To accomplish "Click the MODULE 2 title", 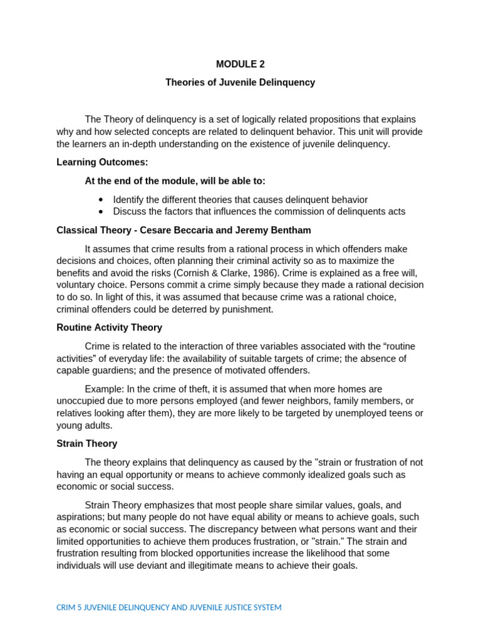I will (x=240, y=64).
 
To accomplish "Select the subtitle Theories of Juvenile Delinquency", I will (x=240, y=82).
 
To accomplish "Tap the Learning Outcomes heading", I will (x=102, y=162).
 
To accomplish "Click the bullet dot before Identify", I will (x=101, y=199).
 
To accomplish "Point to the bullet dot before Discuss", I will (x=101, y=211).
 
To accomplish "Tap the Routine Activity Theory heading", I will (x=109, y=327).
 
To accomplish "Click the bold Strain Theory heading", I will (x=86, y=443).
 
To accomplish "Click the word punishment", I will (x=247, y=309).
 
